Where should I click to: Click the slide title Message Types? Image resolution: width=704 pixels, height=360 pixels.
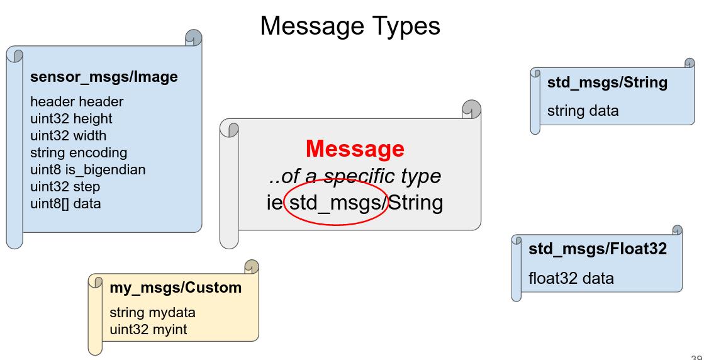click(350, 26)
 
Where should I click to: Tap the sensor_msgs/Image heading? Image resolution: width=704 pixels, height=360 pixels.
click(104, 77)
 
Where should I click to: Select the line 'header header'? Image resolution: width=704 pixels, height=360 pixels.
click(76, 102)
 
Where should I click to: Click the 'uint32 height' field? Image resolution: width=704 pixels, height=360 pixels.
click(71, 119)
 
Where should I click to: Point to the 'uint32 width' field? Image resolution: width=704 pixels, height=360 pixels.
click(68, 135)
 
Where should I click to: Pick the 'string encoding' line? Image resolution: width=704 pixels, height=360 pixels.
click(79, 153)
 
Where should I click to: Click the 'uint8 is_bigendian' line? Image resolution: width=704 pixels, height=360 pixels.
click(87, 170)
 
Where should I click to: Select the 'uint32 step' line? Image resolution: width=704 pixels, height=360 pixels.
click(65, 187)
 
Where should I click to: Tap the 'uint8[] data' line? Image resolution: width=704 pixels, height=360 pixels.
click(65, 204)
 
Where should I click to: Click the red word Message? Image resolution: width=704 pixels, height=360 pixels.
click(355, 149)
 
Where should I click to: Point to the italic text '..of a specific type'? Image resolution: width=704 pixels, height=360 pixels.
click(355, 176)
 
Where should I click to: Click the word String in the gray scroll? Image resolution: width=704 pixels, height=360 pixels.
click(415, 203)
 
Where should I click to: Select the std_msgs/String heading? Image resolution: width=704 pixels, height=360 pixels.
click(607, 82)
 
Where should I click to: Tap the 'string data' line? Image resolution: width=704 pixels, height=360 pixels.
click(583, 110)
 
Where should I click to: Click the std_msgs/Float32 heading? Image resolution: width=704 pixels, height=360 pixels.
click(598, 249)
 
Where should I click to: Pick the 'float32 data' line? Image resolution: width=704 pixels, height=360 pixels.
click(571, 278)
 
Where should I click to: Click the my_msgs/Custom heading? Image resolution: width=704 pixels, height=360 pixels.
click(176, 288)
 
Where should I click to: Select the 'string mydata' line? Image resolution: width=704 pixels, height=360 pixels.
click(153, 312)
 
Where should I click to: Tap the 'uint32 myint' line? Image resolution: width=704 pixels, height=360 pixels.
click(148, 330)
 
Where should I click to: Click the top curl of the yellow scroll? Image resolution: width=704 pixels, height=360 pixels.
click(252, 267)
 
